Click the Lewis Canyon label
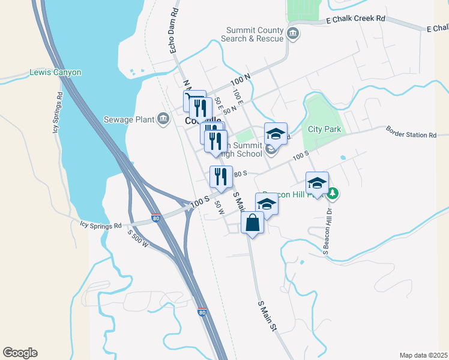point(55,73)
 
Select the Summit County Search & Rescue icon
point(293,33)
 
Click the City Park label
point(324,129)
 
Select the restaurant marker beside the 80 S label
point(221,176)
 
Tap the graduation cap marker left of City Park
point(276,133)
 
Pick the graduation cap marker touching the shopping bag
point(267,204)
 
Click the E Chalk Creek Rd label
point(355,19)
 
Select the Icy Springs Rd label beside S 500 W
point(101,226)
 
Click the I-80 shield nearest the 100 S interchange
point(156,219)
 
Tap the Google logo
point(20,353)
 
